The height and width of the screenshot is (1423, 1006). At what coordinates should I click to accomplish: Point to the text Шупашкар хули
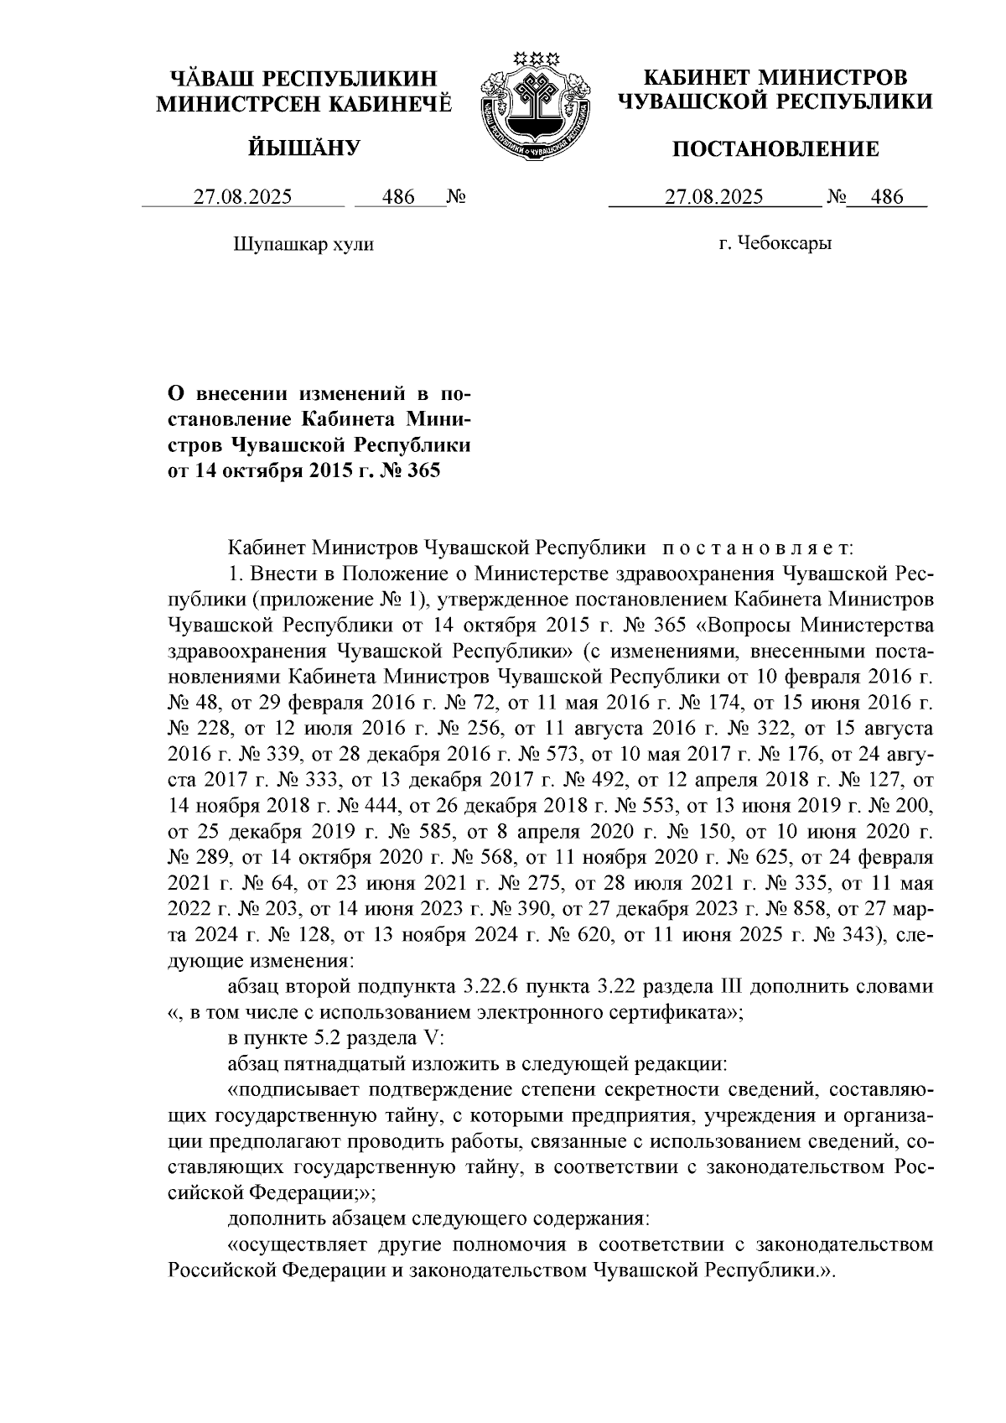pos(301,245)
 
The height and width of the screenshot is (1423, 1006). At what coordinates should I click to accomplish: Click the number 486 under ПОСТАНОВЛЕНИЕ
pos(887,198)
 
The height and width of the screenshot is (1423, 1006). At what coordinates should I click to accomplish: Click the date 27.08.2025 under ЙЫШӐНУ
pos(243,198)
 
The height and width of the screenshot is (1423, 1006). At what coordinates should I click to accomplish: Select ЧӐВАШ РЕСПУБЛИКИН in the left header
pos(304,80)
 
